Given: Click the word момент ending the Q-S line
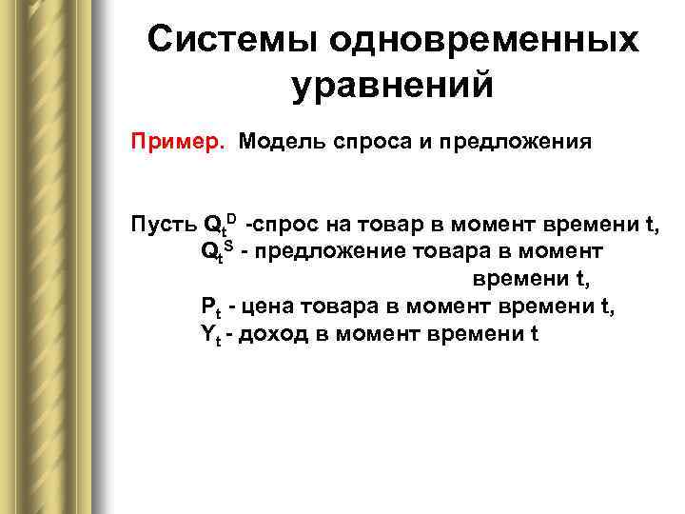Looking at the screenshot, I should click(x=562, y=252).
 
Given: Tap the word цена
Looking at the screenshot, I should click(x=269, y=306).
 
